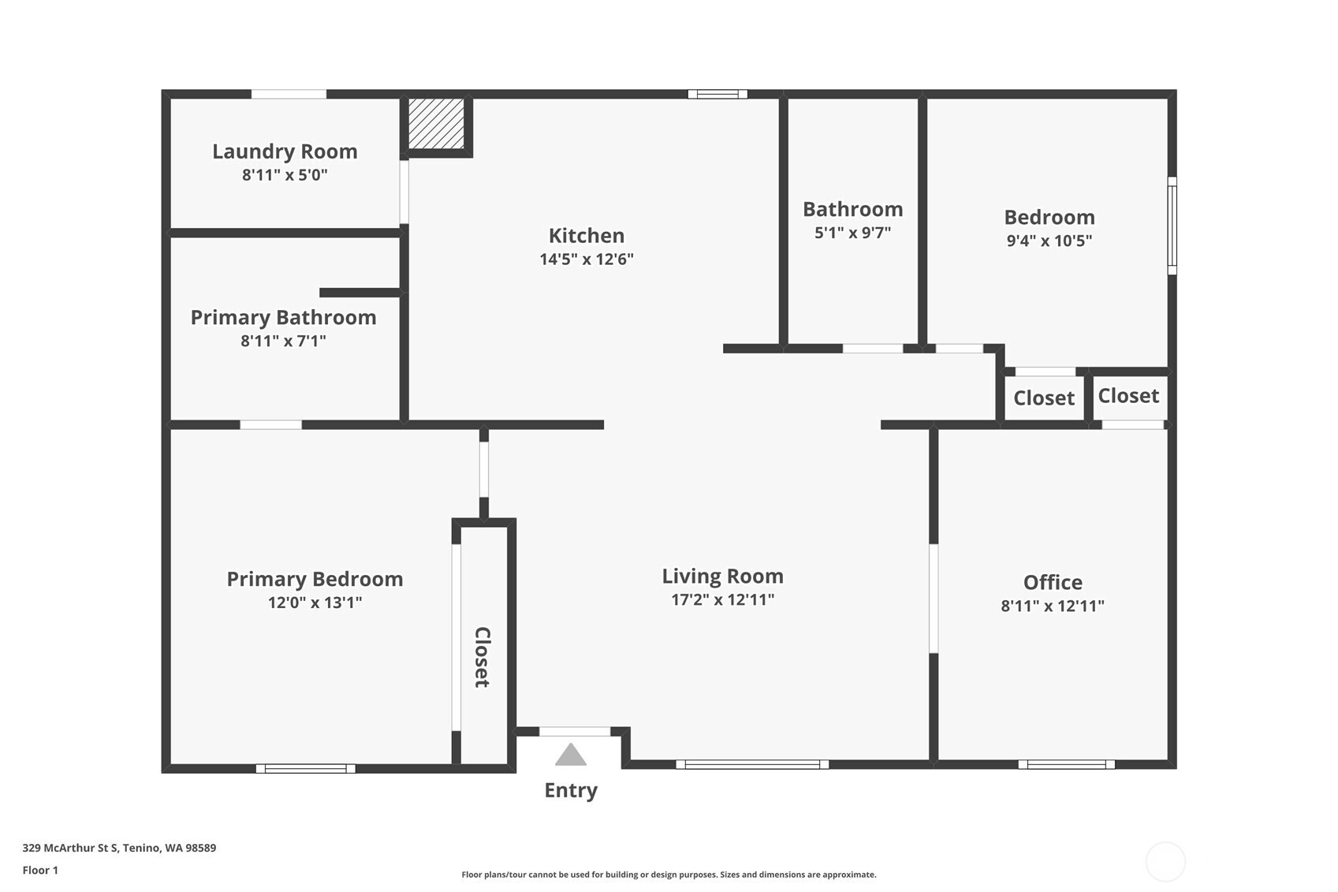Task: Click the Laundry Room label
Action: [285, 151]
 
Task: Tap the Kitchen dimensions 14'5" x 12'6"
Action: [587, 259]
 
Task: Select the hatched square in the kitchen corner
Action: [436, 124]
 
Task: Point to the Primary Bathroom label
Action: [283, 317]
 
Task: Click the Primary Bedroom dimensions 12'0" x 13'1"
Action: [315, 603]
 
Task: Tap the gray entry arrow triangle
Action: [570, 754]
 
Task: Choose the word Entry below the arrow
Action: [570, 790]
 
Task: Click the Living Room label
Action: [723, 576]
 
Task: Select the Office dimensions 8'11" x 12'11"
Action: [1053, 606]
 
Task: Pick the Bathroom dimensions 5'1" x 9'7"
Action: [852, 233]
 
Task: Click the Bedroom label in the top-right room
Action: [1049, 217]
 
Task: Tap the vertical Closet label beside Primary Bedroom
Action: [482, 657]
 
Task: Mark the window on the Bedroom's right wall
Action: [1172, 226]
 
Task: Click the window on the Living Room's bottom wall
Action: [752, 764]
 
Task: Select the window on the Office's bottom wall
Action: [1066, 764]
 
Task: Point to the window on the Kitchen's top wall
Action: [717, 94]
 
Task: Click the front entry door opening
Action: [575, 731]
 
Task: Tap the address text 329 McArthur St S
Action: [70, 848]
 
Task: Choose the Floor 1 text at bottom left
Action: [41, 870]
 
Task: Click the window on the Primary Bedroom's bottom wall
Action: [306, 768]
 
